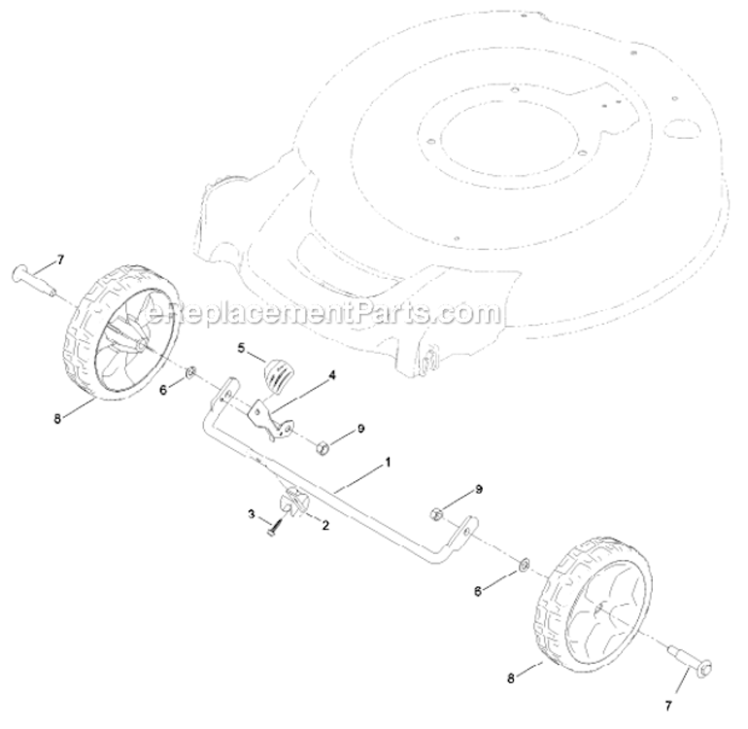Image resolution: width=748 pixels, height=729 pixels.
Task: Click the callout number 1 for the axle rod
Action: [x=388, y=463]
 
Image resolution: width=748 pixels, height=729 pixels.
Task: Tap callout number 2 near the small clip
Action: [x=325, y=526]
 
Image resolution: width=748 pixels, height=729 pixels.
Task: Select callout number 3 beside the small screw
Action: [x=252, y=514]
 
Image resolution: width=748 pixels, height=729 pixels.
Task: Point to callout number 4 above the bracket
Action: [x=332, y=375]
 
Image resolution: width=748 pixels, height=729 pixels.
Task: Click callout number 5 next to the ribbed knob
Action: [x=241, y=348]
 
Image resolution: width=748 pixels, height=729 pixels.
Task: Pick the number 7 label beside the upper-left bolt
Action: [x=60, y=260]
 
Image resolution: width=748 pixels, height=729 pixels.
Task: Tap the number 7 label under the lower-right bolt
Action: [x=668, y=706]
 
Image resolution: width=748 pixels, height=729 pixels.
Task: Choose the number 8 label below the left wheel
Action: [x=57, y=420]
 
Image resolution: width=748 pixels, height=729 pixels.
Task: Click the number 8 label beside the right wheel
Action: [x=511, y=678]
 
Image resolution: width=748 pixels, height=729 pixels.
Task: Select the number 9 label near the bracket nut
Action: [x=361, y=429]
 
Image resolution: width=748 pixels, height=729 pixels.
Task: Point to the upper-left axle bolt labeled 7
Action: [x=32, y=278]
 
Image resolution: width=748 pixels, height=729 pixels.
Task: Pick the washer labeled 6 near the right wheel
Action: [x=524, y=565]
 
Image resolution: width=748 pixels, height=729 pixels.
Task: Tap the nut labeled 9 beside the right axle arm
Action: [x=435, y=513]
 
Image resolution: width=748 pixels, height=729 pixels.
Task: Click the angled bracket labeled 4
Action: [x=269, y=419]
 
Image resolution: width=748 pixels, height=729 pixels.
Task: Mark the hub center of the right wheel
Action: [x=597, y=607]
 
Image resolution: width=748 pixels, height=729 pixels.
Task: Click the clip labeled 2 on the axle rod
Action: [x=292, y=501]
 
